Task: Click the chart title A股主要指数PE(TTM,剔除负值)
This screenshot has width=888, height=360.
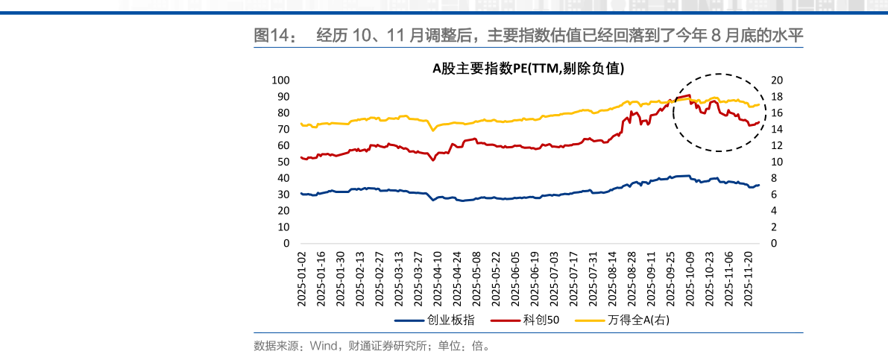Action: click(529, 69)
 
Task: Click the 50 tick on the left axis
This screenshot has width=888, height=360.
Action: click(283, 162)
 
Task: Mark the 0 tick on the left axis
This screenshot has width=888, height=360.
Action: click(286, 243)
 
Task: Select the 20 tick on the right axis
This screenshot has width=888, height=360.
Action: click(773, 80)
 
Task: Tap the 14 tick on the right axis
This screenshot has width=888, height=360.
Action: click(773, 129)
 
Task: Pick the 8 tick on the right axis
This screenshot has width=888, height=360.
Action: click(770, 178)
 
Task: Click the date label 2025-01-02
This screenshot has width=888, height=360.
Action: click(302, 277)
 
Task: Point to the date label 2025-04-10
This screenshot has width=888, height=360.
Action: click(438, 277)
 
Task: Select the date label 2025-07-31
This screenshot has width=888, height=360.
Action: click(593, 277)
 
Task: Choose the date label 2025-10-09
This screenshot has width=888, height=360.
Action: click(690, 277)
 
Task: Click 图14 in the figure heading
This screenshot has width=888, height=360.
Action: click(268, 35)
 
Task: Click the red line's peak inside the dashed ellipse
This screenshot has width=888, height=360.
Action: click(687, 95)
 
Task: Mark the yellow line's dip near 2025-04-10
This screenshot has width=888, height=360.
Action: click(432, 130)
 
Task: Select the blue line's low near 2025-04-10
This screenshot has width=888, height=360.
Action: click(432, 200)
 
